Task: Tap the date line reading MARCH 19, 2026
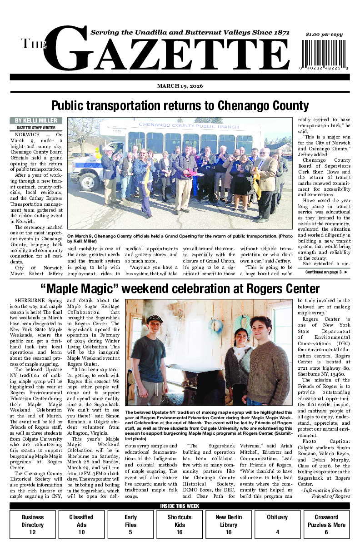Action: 180,86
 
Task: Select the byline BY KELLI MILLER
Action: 36,120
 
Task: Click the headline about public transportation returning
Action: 180,106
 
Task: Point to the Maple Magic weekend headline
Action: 180,288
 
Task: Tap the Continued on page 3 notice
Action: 323,272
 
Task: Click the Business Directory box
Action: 33,524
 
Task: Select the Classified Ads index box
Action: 81,524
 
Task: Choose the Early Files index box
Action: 130,524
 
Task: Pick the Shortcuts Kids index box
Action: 179,524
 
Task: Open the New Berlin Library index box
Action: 228,524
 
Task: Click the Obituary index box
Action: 277,524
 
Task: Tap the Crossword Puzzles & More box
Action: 326,524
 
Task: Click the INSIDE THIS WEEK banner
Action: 180,506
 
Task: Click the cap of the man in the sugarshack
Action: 154,319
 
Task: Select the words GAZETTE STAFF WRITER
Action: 36,128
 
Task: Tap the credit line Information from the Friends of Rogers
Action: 325,493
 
